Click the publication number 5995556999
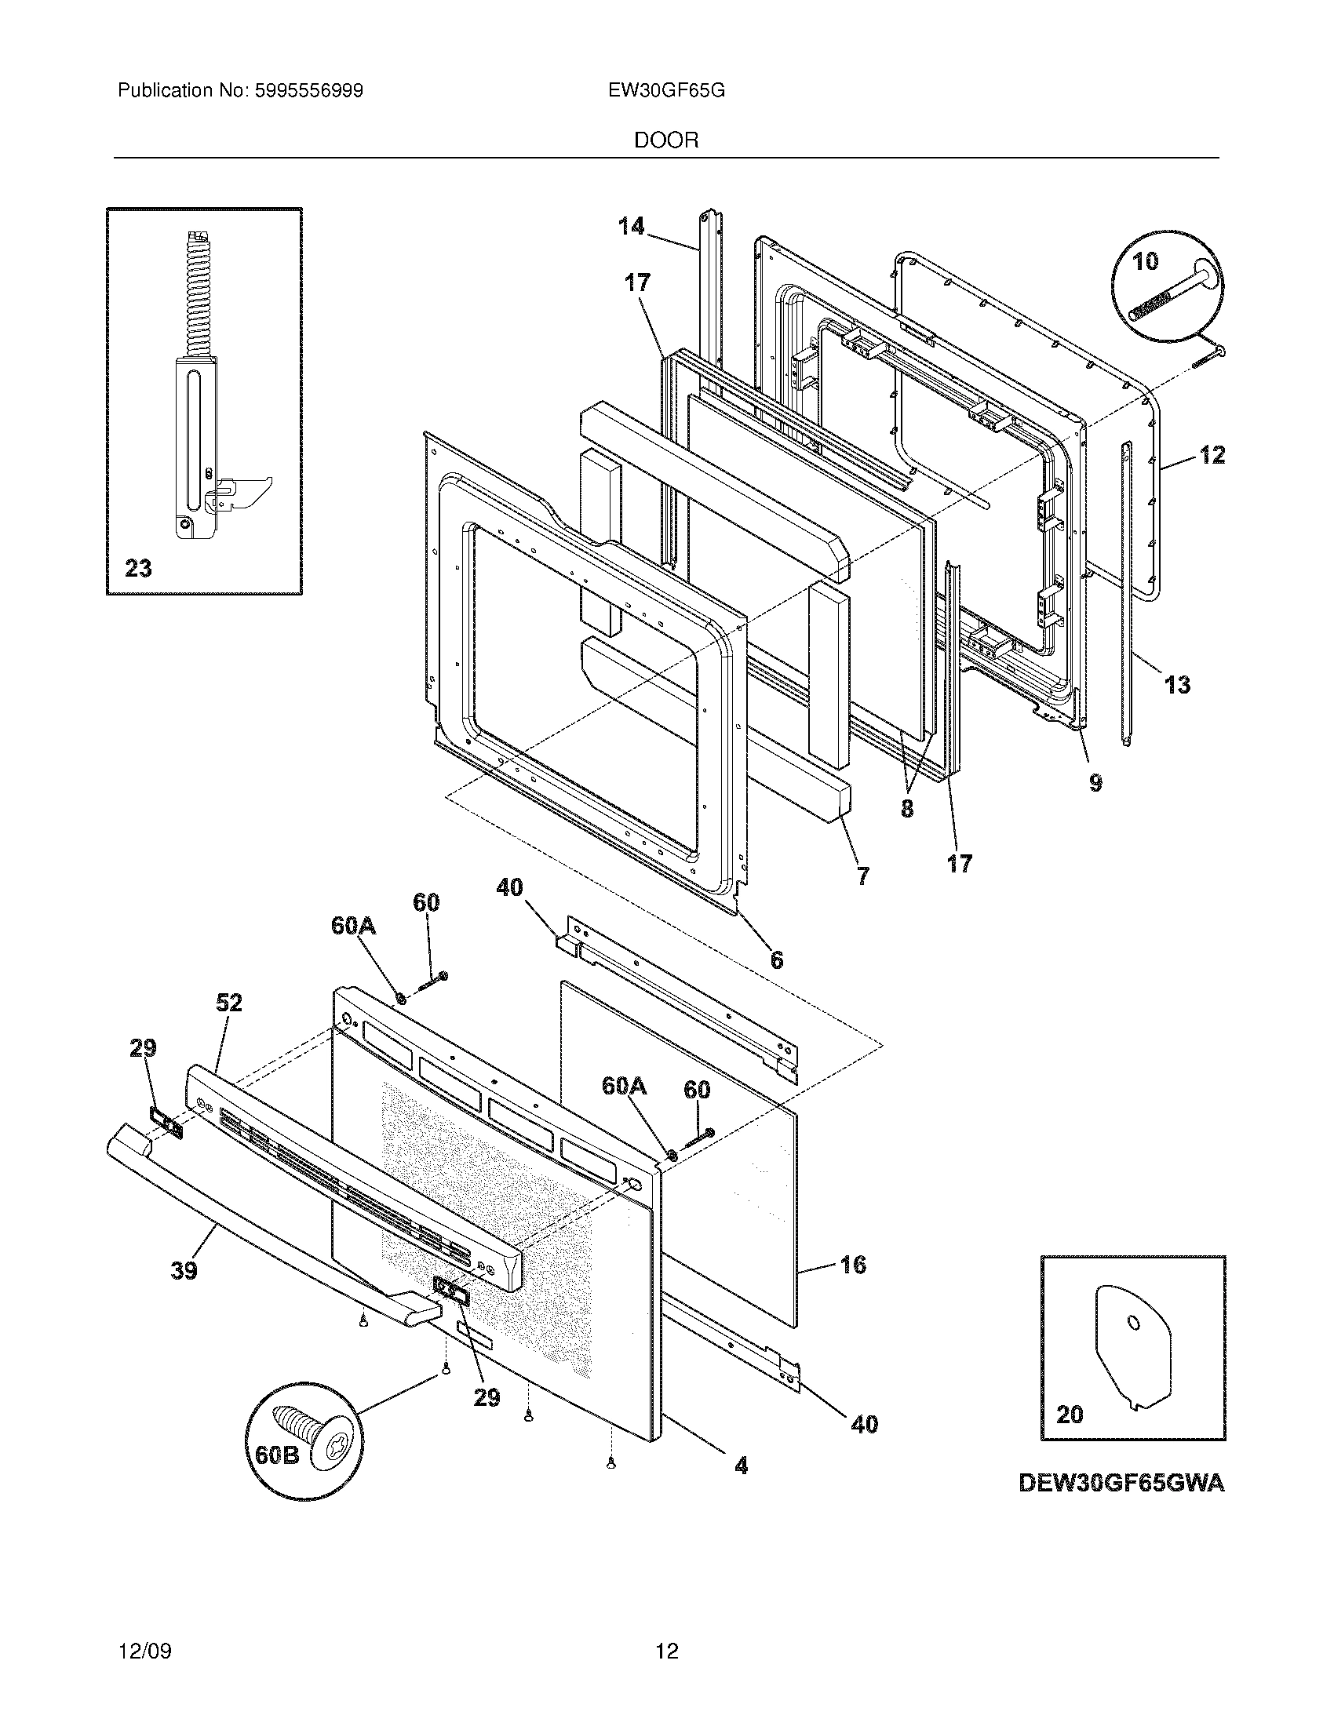coord(309,91)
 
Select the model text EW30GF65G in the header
coord(666,91)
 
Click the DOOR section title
coord(666,140)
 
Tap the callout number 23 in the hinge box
coord(138,568)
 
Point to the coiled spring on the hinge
coord(195,293)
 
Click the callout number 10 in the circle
coord(1145,261)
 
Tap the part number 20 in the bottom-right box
coord(1070,1415)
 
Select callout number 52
coord(228,1003)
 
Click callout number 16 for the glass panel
coord(853,1265)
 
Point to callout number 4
coord(741,1467)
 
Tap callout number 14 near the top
coord(631,227)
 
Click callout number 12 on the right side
coord(1212,454)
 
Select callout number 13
coord(1178,684)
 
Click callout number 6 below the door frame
coord(776,959)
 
